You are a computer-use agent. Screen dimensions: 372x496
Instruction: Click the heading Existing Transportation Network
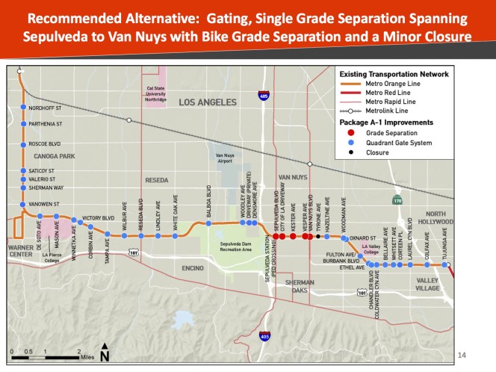tap(394, 75)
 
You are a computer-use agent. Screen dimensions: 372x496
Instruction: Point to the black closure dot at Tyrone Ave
tap(318, 237)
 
